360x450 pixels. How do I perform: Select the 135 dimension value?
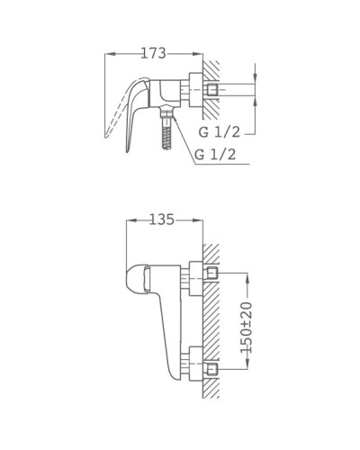point(160,220)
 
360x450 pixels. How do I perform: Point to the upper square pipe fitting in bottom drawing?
point(213,273)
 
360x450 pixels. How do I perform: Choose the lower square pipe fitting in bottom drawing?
point(213,368)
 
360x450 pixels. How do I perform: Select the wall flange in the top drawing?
point(196,91)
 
